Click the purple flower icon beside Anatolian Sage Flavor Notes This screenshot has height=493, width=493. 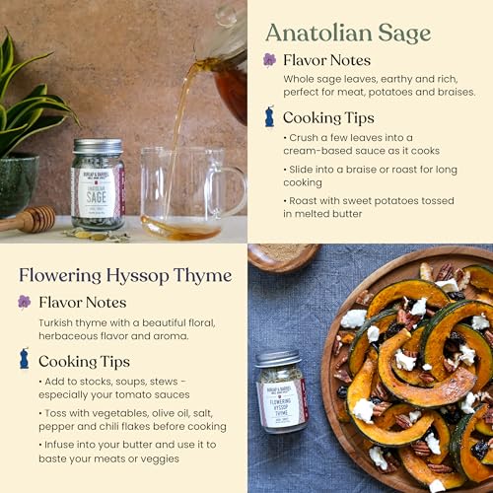[269, 60]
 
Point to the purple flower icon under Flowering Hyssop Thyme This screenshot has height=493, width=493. [24, 302]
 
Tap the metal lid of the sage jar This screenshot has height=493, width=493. [97, 145]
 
